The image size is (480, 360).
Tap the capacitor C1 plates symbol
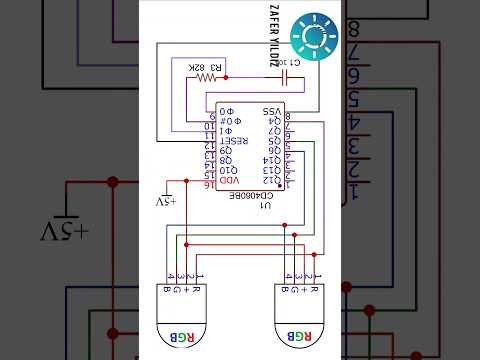click(287, 76)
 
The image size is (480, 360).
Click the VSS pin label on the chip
click(271, 111)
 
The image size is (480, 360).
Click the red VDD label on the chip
click(230, 180)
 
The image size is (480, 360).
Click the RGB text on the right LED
click(299, 335)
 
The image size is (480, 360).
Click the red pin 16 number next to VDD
click(211, 185)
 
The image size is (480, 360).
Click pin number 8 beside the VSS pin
click(288, 116)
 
